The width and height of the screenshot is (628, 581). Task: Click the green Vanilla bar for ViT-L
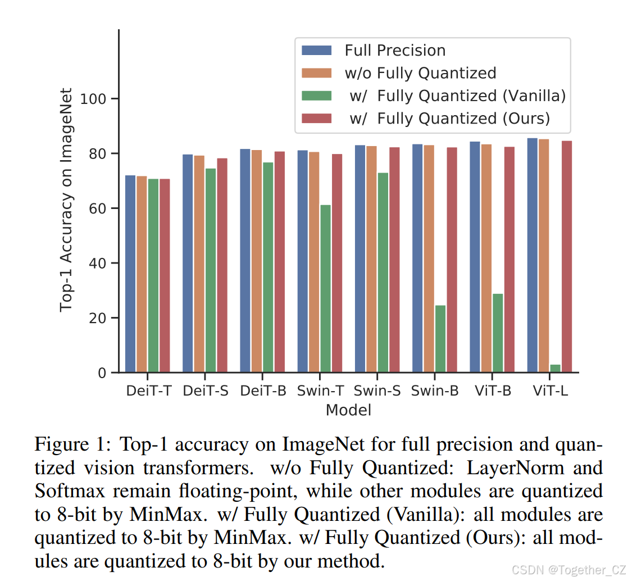pyautogui.click(x=555, y=368)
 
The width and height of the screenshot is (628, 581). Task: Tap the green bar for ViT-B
pyautogui.click(x=498, y=333)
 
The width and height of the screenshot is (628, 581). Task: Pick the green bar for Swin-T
pyautogui.click(x=325, y=288)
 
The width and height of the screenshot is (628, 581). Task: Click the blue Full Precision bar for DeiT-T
pyautogui.click(x=130, y=274)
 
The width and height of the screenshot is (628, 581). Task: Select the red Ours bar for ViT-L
pyautogui.click(x=567, y=256)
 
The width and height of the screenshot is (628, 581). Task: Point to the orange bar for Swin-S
pyautogui.click(x=371, y=259)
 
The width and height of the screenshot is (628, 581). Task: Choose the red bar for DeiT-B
pyautogui.click(x=280, y=261)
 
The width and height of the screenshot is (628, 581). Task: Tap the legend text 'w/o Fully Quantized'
pyautogui.click(x=420, y=73)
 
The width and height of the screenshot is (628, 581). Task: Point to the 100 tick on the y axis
pyautogui.click(x=93, y=99)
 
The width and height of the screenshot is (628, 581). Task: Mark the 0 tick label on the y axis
pyautogui.click(x=101, y=373)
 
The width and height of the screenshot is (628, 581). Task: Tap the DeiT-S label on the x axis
pyautogui.click(x=206, y=391)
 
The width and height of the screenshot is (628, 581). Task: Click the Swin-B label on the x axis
pyautogui.click(x=434, y=391)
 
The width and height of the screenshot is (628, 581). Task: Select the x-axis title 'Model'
pyautogui.click(x=348, y=410)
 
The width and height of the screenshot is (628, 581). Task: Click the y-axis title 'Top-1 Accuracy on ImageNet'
pyautogui.click(x=67, y=199)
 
